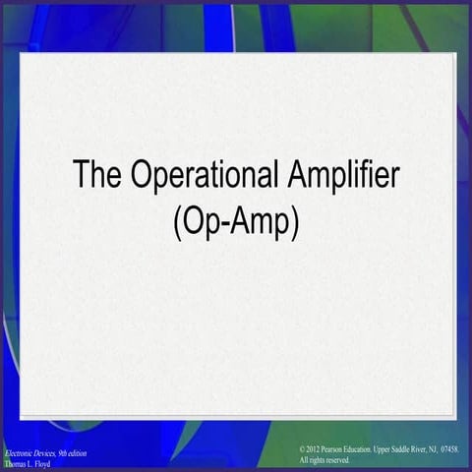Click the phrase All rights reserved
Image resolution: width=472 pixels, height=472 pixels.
[x=324, y=459]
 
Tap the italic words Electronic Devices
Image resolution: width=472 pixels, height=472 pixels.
[x=30, y=452]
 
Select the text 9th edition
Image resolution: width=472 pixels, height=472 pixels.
[x=72, y=452]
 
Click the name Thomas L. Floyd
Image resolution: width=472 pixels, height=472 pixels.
[x=27, y=463]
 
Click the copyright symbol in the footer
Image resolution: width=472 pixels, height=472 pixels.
[x=303, y=448]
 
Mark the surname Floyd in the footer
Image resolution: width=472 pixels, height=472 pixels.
[x=40, y=463]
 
